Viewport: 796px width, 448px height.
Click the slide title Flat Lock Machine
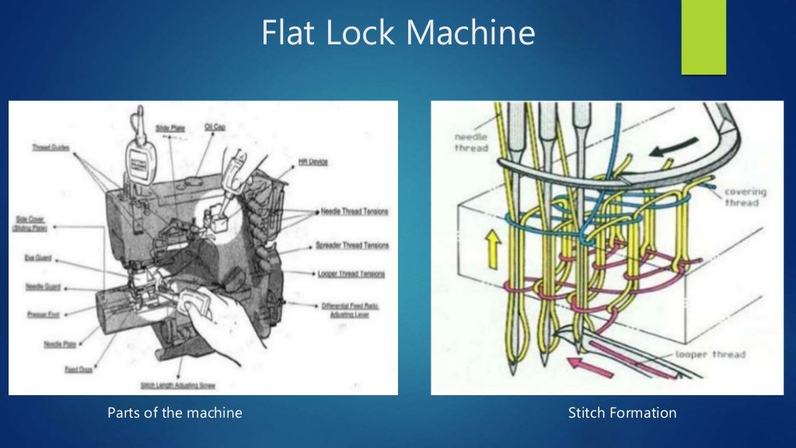(398, 33)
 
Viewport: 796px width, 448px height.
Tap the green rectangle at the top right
(703, 37)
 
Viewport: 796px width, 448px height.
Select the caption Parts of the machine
(174, 413)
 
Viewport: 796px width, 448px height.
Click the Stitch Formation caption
(622, 413)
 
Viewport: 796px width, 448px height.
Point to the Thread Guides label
(51, 147)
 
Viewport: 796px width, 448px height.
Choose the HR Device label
(312, 162)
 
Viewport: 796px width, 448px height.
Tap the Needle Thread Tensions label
(354, 212)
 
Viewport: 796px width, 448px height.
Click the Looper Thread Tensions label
(351, 274)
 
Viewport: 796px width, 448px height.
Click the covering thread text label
(745, 197)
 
